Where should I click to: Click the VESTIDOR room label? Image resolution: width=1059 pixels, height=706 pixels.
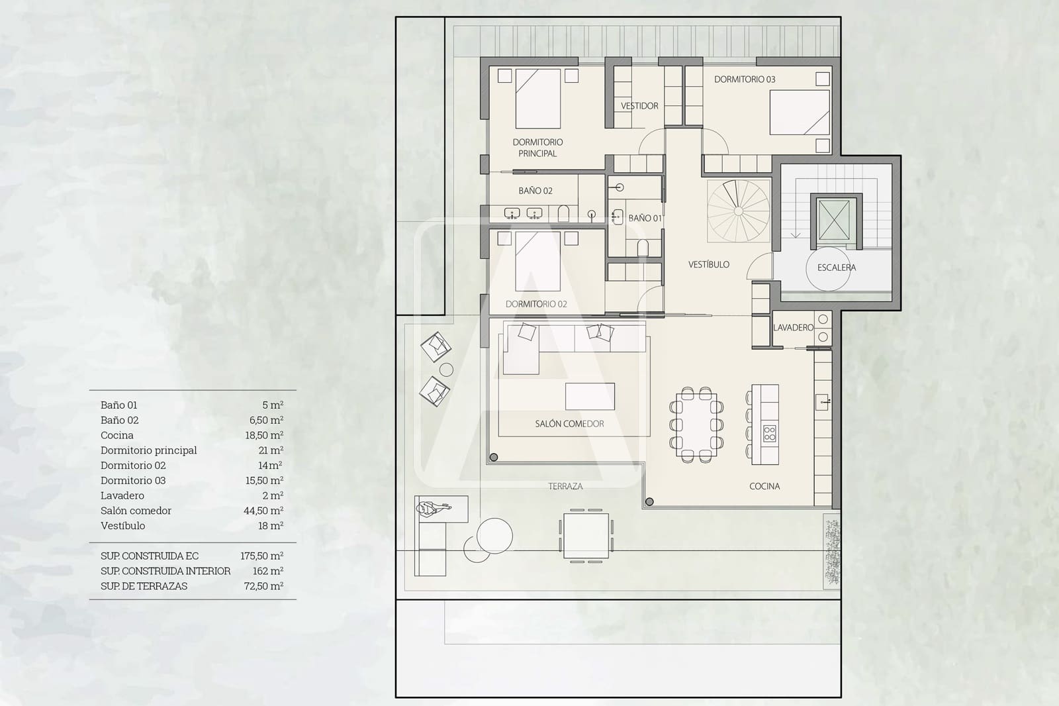pyautogui.click(x=639, y=106)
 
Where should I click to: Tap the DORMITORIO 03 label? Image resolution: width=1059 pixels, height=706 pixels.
pyautogui.click(x=745, y=79)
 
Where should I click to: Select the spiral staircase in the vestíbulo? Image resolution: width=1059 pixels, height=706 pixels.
pyautogui.click(x=739, y=211)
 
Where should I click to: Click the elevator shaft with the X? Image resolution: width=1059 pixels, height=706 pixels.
pyautogui.click(x=834, y=220)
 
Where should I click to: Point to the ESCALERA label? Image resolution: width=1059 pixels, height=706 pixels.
pyautogui.click(x=837, y=268)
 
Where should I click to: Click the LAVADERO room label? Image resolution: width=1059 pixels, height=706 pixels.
pyautogui.click(x=794, y=327)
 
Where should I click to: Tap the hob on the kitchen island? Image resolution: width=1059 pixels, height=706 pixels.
pyautogui.click(x=769, y=433)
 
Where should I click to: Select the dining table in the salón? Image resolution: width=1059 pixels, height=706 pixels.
pyautogui.click(x=696, y=425)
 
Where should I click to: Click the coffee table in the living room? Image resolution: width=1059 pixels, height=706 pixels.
pyautogui.click(x=590, y=397)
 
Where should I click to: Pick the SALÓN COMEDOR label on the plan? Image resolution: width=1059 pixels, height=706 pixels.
pyautogui.click(x=569, y=424)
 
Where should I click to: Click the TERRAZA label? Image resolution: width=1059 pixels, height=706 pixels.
pyautogui.click(x=565, y=486)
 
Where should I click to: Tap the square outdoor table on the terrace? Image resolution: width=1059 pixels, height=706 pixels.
pyautogui.click(x=586, y=536)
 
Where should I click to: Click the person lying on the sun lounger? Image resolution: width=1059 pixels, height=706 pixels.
pyautogui.click(x=433, y=508)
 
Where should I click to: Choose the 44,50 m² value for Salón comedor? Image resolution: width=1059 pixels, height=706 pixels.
pyautogui.click(x=263, y=511)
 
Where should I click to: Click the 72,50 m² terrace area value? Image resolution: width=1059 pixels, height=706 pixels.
pyautogui.click(x=263, y=586)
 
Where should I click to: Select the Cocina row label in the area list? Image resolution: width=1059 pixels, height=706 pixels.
pyautogui.click(x=116, y=435)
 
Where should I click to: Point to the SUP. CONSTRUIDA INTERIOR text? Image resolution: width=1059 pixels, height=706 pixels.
pyautogui.click(x=165, y=571)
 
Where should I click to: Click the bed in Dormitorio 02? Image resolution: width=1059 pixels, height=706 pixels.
pyautogui.click(x=537, y=261)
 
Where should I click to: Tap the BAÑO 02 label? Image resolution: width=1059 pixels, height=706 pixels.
pyautogui.click(x=535, y=191)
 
